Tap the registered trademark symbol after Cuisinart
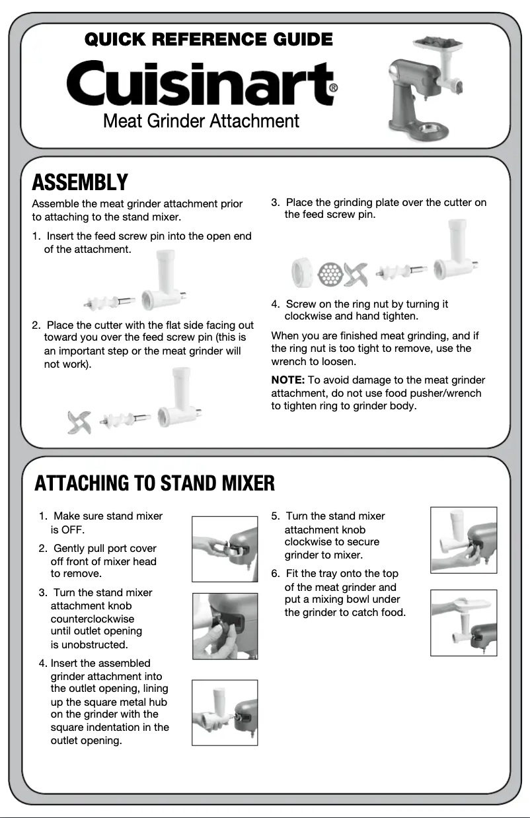333,88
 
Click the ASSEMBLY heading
80,182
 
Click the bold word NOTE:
287,380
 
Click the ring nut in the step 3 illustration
302,273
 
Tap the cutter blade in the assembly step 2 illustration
79,422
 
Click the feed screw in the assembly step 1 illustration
109,302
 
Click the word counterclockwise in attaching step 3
93,619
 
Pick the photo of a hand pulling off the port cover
225,549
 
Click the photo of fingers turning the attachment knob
225,626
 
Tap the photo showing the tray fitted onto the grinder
463,623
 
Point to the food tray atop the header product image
438,44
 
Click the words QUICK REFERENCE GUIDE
209,40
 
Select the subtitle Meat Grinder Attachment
201,121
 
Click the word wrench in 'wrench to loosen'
288,362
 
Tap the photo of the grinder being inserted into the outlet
225,712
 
